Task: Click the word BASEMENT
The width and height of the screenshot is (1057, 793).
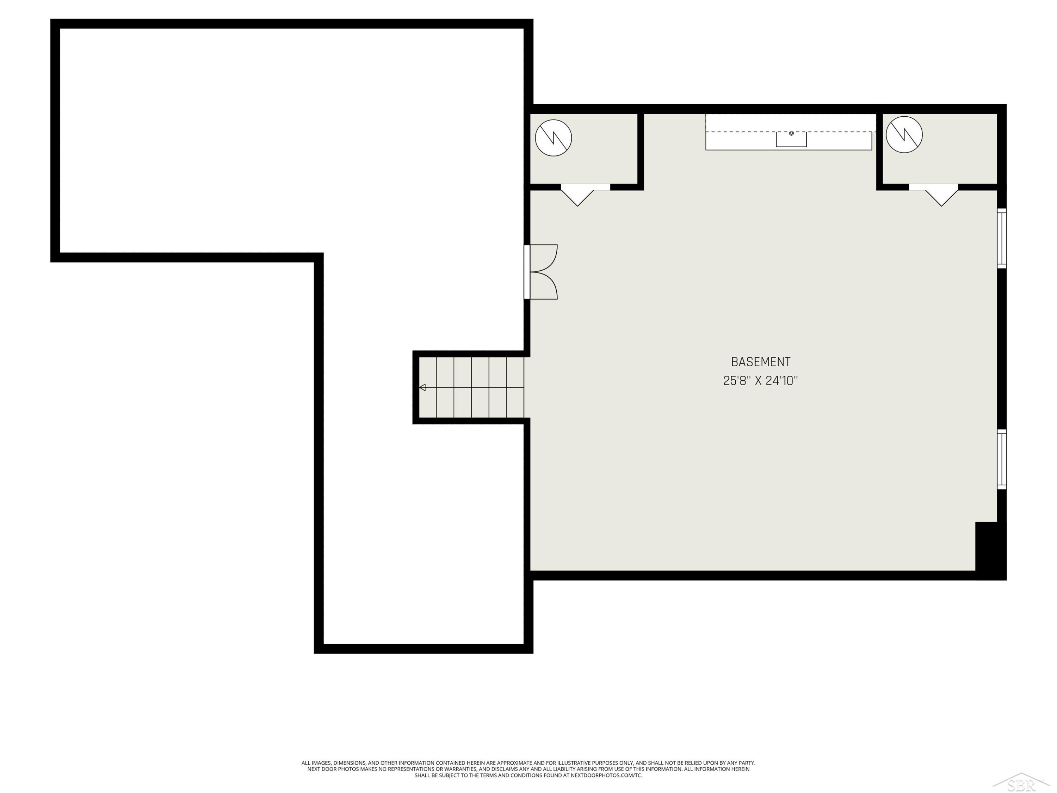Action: [x=761, y=362]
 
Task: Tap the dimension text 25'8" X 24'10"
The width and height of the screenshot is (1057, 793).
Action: [x=761, y=381]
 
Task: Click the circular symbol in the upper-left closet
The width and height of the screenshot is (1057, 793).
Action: [x=554, y=138]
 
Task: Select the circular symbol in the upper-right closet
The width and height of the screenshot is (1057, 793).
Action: [x=904, y=134]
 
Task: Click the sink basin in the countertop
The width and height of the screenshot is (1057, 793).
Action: [x=791, y=139]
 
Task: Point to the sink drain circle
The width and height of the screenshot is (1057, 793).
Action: [x=791, y=133]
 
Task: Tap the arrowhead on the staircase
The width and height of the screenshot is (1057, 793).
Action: [x=422, y=387]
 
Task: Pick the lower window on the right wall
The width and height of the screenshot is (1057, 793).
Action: [x=1002, y=459]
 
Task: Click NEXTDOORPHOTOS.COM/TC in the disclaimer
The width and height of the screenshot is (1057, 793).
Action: [x=606, y=775]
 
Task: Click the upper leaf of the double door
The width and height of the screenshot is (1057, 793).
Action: [x=544, y=258]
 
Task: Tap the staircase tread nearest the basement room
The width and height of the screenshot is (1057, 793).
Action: [x=515, y=387]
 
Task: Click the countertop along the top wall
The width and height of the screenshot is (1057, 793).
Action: [x=789, y=132]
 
